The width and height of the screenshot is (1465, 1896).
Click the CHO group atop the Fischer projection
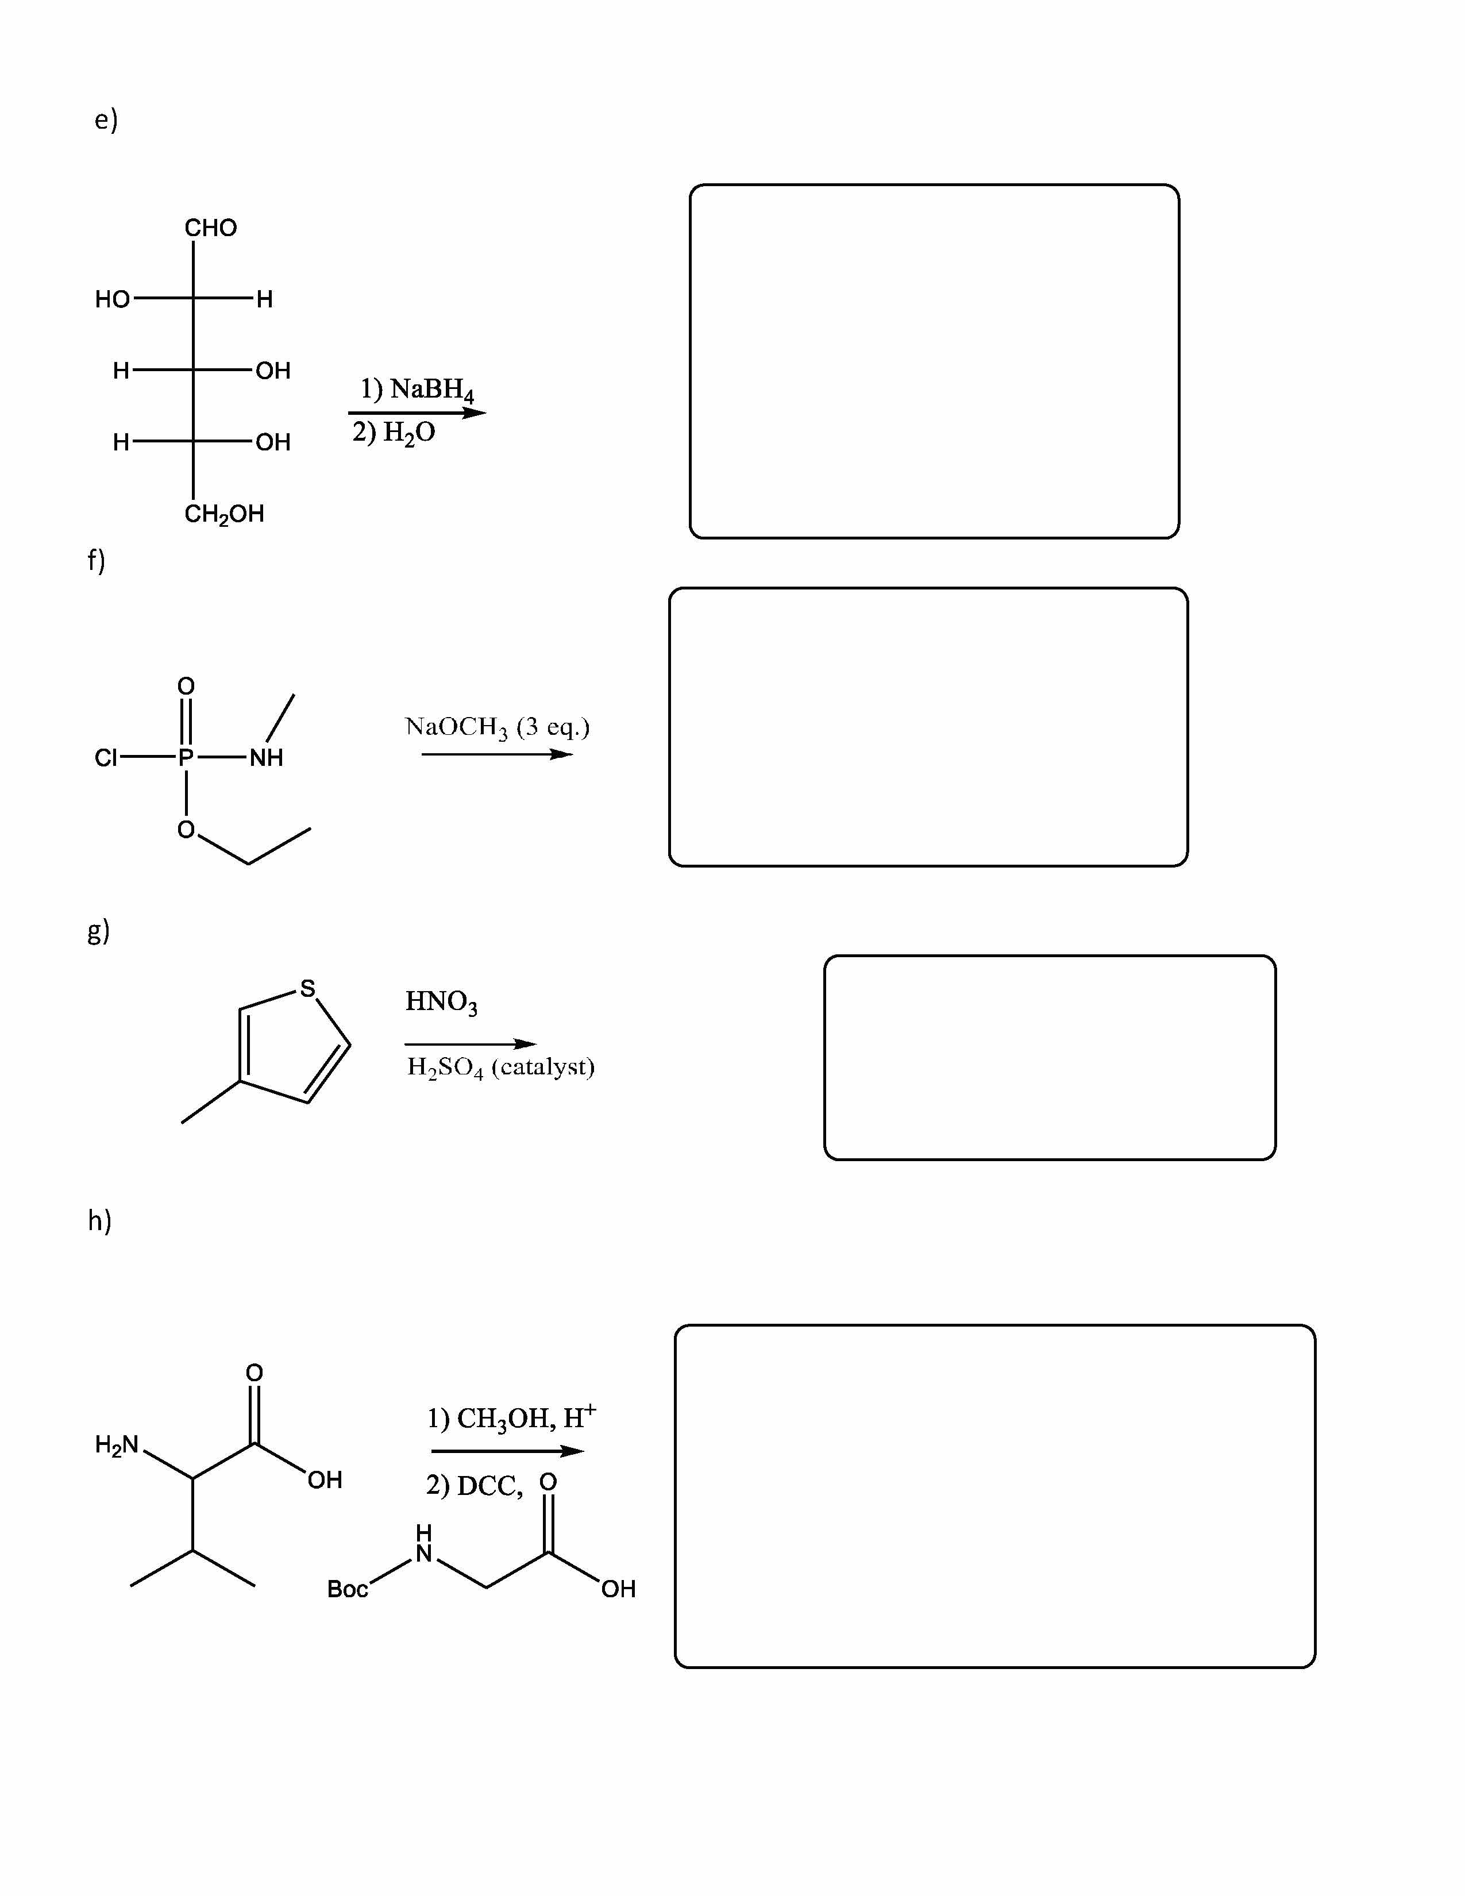pos(210,228)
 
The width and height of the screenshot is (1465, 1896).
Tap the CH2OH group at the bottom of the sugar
pos(224,514)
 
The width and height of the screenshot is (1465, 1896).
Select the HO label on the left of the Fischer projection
pos(112,299)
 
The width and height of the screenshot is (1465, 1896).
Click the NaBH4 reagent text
pos(432,390)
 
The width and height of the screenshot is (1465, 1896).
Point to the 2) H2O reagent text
pos(394,432)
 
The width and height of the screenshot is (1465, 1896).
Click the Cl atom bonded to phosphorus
pos(105,758)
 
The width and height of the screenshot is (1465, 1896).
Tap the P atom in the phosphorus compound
pos(186,758)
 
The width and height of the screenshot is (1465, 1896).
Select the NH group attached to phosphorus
pos(267,758)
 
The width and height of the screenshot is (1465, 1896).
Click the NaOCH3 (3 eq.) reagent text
pos(498,727)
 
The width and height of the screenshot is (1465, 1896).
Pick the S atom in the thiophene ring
pos(307,988)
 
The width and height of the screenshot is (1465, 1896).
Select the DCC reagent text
pos(489,1486)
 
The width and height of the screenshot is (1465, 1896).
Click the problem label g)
pos(98,931)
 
